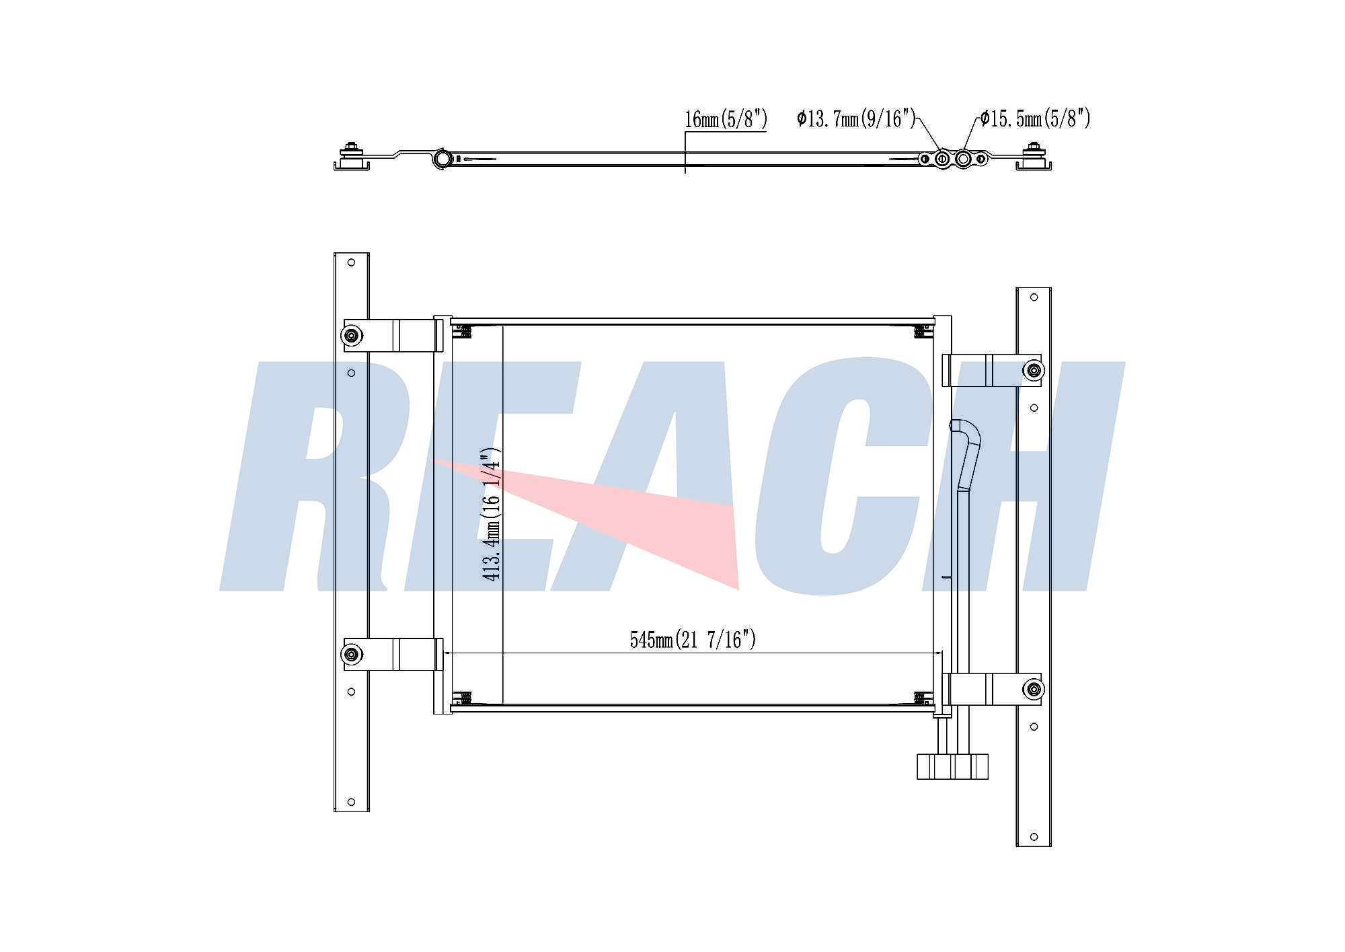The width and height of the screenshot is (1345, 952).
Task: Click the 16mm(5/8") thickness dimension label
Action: point(726,119)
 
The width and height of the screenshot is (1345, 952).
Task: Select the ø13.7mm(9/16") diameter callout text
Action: point(856,118)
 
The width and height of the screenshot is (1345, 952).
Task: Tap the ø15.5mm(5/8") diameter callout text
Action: point(1035,118)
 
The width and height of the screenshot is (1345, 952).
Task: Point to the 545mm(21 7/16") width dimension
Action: point(693,639)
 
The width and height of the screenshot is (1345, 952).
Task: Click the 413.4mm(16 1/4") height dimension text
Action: point(491,514)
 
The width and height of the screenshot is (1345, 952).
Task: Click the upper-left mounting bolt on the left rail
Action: point(352,335)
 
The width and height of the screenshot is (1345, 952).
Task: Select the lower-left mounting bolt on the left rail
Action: point(352,654)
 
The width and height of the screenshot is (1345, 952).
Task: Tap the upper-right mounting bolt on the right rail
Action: point(1034,370)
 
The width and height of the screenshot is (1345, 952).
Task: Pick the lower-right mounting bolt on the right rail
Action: point(1034,689)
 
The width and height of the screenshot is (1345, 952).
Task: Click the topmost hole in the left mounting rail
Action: point(351,262)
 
